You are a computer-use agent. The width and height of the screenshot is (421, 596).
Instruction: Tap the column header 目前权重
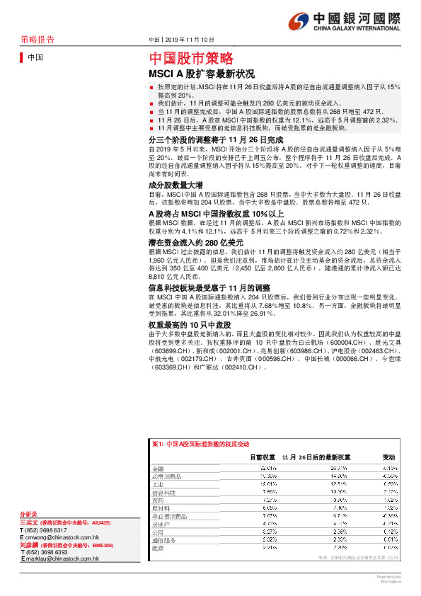click(x=263, y=457)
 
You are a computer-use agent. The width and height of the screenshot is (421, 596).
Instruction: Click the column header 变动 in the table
click(x=388, y=457)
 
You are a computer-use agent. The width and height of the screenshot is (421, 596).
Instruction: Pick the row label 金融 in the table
click(x=157, y=469)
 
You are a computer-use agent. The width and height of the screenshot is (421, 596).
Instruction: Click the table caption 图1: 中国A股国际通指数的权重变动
click(x=201, y=443)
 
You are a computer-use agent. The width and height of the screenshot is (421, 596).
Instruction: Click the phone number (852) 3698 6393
click(x=47, y=552)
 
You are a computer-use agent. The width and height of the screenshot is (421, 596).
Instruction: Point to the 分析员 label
click(x=29, y=514)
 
